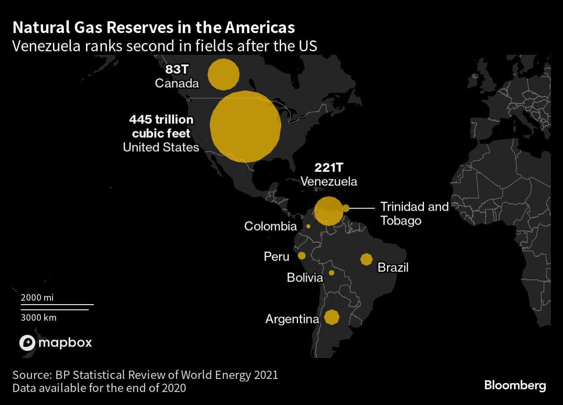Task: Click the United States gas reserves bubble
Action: click(x=245, y=126)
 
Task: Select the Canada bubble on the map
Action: click(x=223, y=74)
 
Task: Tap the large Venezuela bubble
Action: click(x=328, y=211)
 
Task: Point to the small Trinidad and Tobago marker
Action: click(x=346, y=208)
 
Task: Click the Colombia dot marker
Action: click(x=308, y=226)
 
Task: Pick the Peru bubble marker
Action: click(x=301, y=256)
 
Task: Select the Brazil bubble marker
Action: click(x=366, y=259)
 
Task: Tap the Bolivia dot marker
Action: click(x=331, y=273)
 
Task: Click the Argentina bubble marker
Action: click(x=331, y=317)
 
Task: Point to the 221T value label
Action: click(x=328, y=168)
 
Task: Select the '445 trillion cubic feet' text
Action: click(x=161, y=126)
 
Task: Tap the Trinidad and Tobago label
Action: click(x=414, y=213)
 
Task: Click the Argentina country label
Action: click(x=292, y=319)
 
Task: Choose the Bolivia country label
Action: click(x=305, y=277)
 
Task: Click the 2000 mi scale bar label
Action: click(x=37, y=298)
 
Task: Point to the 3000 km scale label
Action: click(x=39, y=318)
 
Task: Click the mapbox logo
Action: click(x=56, y=343)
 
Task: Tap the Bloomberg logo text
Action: click(x=515, y=385)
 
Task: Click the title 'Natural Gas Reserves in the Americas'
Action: click(x=154, y=27)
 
